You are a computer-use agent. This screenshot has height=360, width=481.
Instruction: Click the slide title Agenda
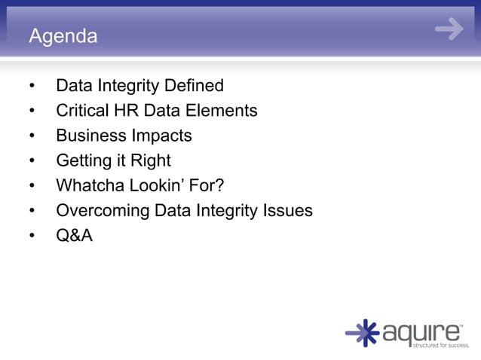click(63, 35)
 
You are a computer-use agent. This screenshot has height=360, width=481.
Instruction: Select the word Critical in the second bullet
click(83, 111)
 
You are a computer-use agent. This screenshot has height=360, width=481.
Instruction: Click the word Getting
click(84, 160)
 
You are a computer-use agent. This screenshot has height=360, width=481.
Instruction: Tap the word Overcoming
click(103, 211)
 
